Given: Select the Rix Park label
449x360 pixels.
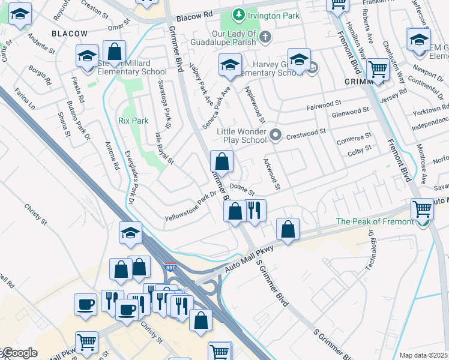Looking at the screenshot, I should [x=133, y=121].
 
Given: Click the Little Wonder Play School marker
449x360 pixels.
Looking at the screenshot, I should [x=276, y=134].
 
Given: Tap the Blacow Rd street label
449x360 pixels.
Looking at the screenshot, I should [x=199, y=13].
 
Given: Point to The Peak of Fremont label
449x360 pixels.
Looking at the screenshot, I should [x=375, y=221].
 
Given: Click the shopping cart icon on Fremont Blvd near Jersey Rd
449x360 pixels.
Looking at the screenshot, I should [x=378, y=70].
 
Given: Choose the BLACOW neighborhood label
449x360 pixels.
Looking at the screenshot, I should [x=69, y=34].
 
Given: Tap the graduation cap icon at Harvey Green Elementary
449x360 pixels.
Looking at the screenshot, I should [x=299, y=60].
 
